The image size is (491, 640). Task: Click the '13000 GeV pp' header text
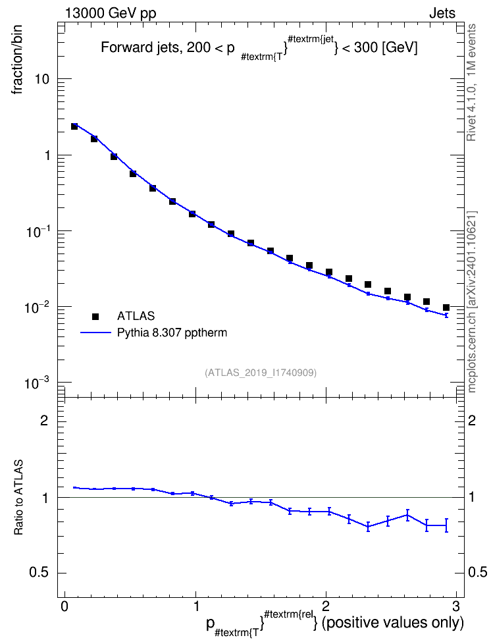tap(111, 13)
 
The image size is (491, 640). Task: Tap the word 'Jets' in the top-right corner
tap(442, 13)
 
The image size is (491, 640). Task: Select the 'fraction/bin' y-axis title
tap(16, 59)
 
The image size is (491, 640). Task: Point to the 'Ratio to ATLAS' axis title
tap(18, 497)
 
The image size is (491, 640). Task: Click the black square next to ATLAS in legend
tap(95, 316)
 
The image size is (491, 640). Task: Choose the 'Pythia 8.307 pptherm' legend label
tap(172, 333)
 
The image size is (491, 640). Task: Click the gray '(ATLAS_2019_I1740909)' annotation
tap(261, 372)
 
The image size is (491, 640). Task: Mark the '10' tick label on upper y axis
tap(42, 79)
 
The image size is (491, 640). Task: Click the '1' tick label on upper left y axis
tap(47, 155)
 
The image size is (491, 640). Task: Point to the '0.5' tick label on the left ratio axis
tap(39, 573)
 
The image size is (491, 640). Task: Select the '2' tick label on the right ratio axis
tap(472, 420)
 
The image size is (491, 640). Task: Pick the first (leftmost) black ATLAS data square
tap(74, 126)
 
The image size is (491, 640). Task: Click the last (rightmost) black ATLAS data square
tap(446, 307)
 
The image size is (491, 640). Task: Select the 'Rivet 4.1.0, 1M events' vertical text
tap(471, 82)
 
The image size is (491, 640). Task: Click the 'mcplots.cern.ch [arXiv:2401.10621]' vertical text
tap(472, 302)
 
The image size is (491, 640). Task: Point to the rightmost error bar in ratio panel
tap(446, 525)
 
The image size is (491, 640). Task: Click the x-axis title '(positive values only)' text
tap(393, 624)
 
